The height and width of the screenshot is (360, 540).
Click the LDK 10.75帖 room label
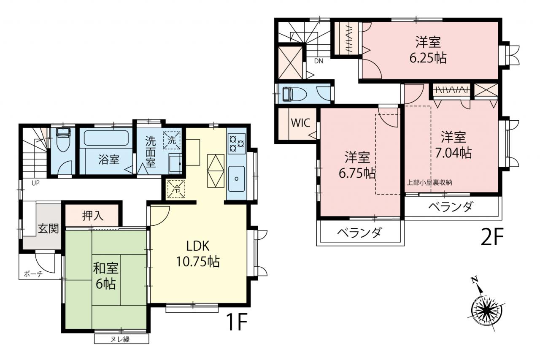(x=198, y=254)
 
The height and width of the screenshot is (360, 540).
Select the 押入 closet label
(x=93, y=216)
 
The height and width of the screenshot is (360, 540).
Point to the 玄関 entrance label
(x=48, y=228)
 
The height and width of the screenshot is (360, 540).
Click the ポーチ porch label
(x=33, y=274)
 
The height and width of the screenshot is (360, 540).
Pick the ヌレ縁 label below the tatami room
(x=120, y=339)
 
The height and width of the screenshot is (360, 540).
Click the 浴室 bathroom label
(x=109, y=160)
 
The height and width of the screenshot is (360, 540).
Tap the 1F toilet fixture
(x=63, y=140)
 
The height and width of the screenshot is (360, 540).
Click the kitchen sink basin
(x=237, y=179)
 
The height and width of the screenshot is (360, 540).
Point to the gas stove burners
(x=237, y=144)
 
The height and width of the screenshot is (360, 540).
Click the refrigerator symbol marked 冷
(x=176, y=189)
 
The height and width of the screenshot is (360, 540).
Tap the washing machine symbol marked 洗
(x=172, y=141)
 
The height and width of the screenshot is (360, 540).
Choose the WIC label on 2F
(x=300, y=123)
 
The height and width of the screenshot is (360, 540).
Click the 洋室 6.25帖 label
(x=428, y=50)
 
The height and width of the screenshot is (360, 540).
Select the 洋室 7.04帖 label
(x=453, y=145)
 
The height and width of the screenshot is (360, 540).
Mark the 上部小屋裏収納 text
(x=429, y=182)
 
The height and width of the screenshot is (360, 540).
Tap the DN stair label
(x=319, y=61)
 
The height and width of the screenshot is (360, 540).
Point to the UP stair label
(x=35, y=183)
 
